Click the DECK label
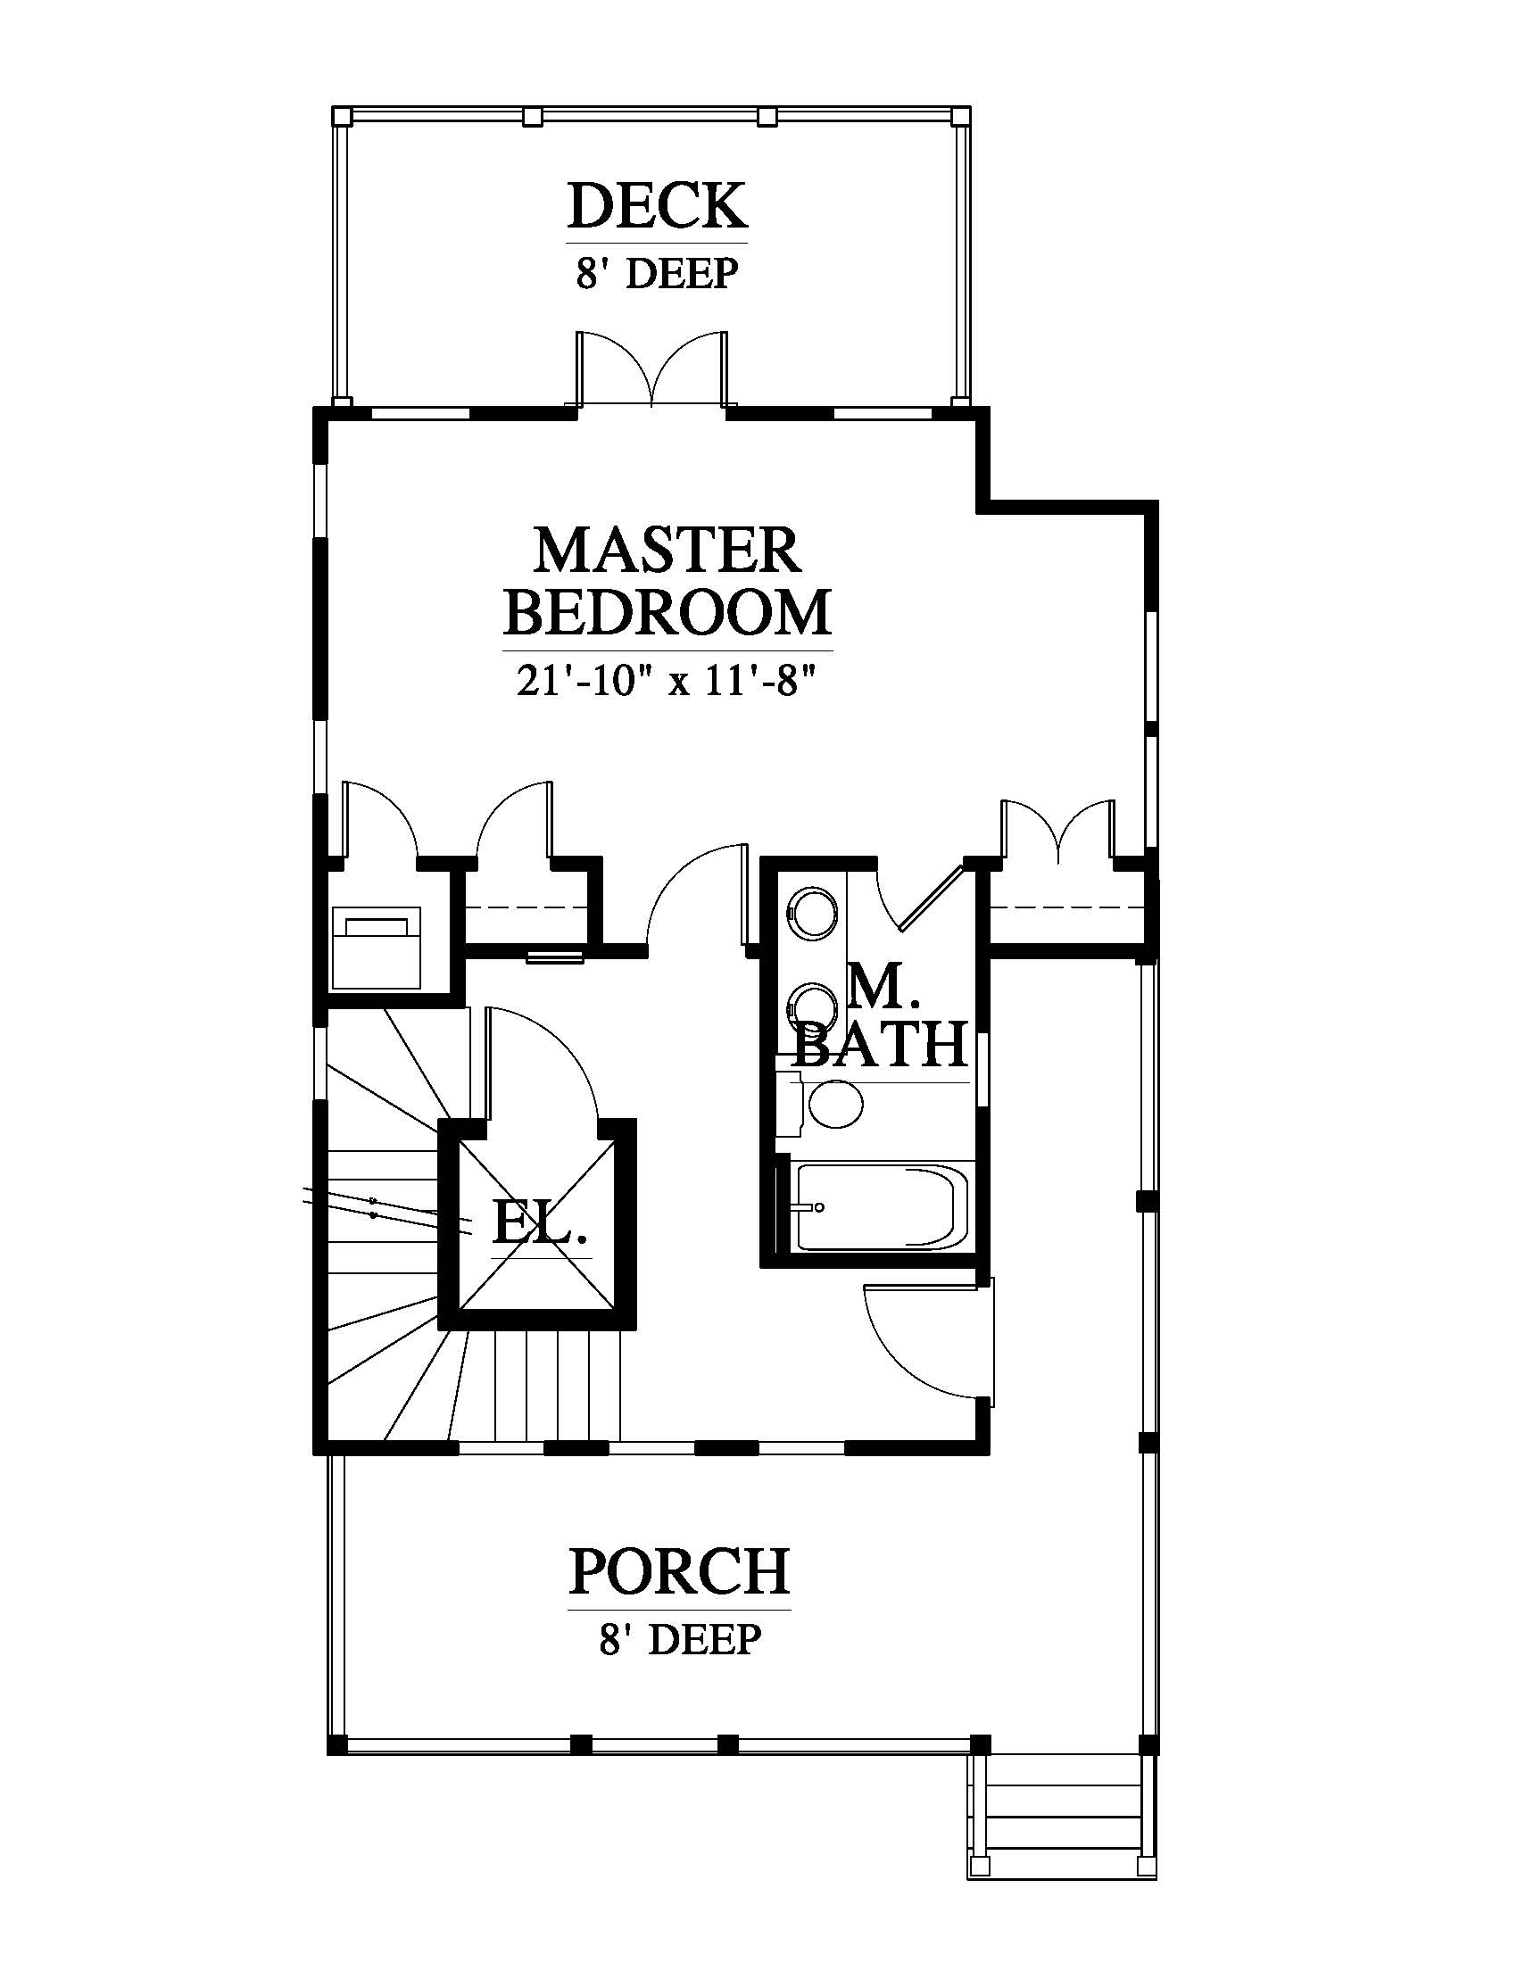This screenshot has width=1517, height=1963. pos(657,205)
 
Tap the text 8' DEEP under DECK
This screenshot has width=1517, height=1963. pos(657,273)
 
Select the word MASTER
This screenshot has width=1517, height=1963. pos(667,550)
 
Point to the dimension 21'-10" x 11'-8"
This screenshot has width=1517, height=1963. pos(667,683)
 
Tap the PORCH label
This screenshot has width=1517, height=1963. pos(679,1570)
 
